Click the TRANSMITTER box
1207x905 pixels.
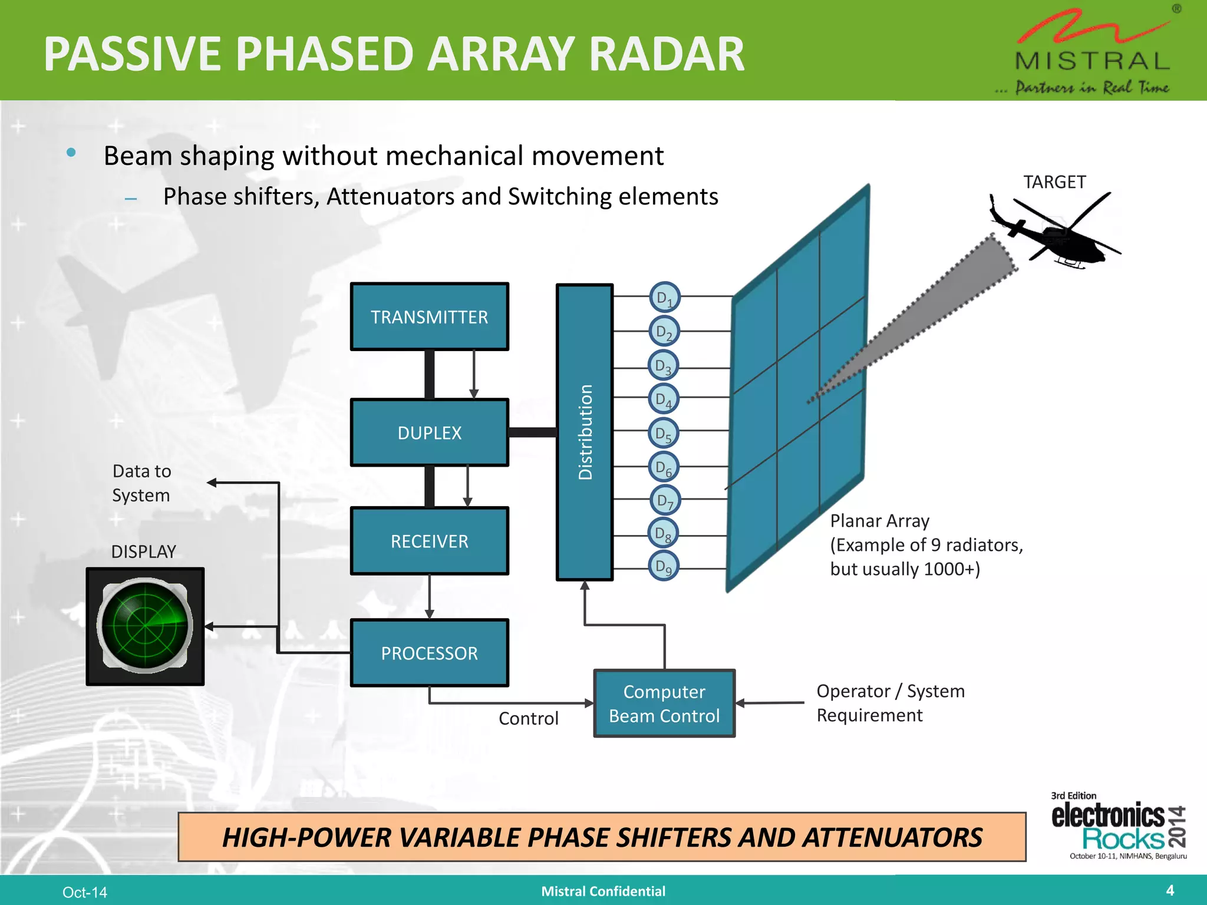click(429, 317)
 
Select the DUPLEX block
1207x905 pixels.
click(429, 433)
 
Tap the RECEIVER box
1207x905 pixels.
click(429, 541)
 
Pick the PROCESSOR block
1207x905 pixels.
click(429, 653)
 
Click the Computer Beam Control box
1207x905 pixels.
click(664, 703)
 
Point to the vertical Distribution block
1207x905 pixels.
click(585, 432)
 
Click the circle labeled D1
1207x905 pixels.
click(665, 298)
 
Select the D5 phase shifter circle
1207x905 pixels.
click(664, 433)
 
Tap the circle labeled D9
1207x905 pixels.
click(664, 567)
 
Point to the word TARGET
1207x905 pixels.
click(1054, 182)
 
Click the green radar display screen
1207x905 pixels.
click(145, 626)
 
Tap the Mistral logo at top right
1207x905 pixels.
click(1092, 53)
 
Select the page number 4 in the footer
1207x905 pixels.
click(1170, 890)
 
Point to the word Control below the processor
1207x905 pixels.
click(528, 718)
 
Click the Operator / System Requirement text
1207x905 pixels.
click(890, 703)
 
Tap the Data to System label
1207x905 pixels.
click(141, 483)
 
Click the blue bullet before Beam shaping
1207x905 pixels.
click(71, 153)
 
